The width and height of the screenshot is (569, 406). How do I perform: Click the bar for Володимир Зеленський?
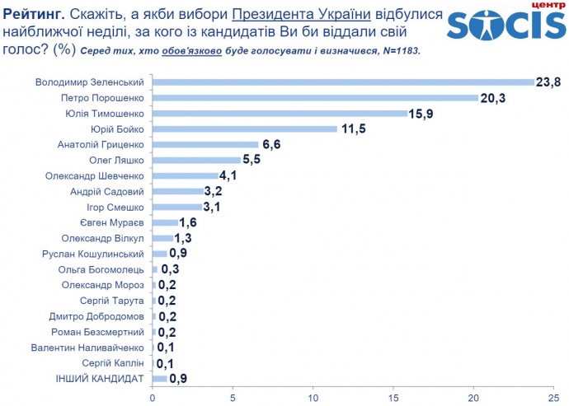343,82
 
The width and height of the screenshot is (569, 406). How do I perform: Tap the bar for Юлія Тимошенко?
280,113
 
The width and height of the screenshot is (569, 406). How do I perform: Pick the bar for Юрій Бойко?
244,128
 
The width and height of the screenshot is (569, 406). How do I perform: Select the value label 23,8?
551,82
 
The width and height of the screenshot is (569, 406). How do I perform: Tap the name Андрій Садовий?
108,191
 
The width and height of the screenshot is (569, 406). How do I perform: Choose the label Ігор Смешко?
115,207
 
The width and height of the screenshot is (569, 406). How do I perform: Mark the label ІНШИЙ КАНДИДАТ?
103,379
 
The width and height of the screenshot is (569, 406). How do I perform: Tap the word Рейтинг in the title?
34,16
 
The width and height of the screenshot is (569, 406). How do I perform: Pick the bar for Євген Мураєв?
165,222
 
